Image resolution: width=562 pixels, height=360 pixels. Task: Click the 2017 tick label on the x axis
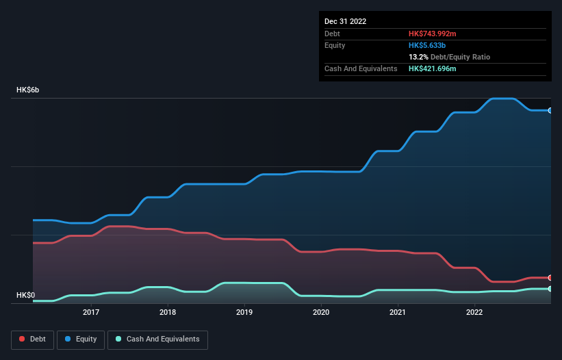(91, 313)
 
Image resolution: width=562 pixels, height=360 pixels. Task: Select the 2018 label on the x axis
(168, 313)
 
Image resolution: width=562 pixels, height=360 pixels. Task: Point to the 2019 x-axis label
(244, 313)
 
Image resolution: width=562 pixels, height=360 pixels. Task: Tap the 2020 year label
(321, 313)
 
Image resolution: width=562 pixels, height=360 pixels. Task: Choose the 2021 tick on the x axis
(398, 313)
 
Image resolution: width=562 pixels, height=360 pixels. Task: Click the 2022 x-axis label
(474, 313)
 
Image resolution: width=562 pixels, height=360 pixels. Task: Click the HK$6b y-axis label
(28, 90)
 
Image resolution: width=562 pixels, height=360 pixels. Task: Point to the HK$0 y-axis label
(25, 295)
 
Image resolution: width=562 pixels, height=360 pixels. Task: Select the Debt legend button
(32, 339)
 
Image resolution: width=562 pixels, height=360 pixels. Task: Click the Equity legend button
(81, 339)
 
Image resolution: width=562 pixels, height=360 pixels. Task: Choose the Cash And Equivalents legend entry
(157, 339)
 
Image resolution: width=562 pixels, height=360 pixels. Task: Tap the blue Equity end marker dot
(550, 110)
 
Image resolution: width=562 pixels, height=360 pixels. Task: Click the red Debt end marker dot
(550, 278)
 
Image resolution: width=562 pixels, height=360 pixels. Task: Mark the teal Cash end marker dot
(550, 289)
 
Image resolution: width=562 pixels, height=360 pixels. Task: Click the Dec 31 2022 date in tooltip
(345, 21)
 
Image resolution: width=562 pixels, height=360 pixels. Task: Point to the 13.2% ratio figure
(418, 57)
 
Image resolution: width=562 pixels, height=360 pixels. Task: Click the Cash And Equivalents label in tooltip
(361, 69)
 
